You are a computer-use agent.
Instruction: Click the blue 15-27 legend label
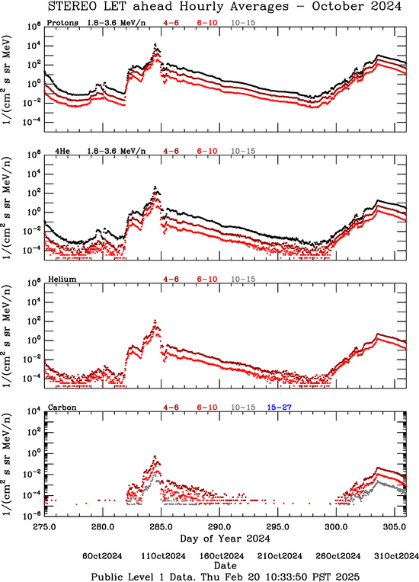click(x=279, y=408)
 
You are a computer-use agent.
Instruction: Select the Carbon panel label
click(x=62, y=408)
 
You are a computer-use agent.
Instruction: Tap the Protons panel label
click(x=62, y=23)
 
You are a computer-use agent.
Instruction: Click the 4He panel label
click(x=62, y=151)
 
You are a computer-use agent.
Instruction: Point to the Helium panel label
click(x=62, y=279)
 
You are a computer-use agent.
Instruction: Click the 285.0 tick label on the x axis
click(x=162, y=527)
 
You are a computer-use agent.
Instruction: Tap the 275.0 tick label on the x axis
click(x=44, y=527)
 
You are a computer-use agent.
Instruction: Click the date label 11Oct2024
click(x=163, y=556)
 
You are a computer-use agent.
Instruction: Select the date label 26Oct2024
click(x=338, y=556)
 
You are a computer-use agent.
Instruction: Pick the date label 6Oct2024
click(x=102, y=556)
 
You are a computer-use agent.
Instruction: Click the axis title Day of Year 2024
click(x=225, y=539)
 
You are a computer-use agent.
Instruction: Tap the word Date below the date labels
click(x=225, y=566)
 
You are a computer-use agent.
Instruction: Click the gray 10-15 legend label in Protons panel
click(x=243, y=23)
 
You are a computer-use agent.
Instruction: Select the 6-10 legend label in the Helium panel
click(x=207, y=279)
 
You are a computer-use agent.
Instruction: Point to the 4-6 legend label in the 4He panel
click(x=171, y=151)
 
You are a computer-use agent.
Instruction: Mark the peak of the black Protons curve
click(x=155, y=43)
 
